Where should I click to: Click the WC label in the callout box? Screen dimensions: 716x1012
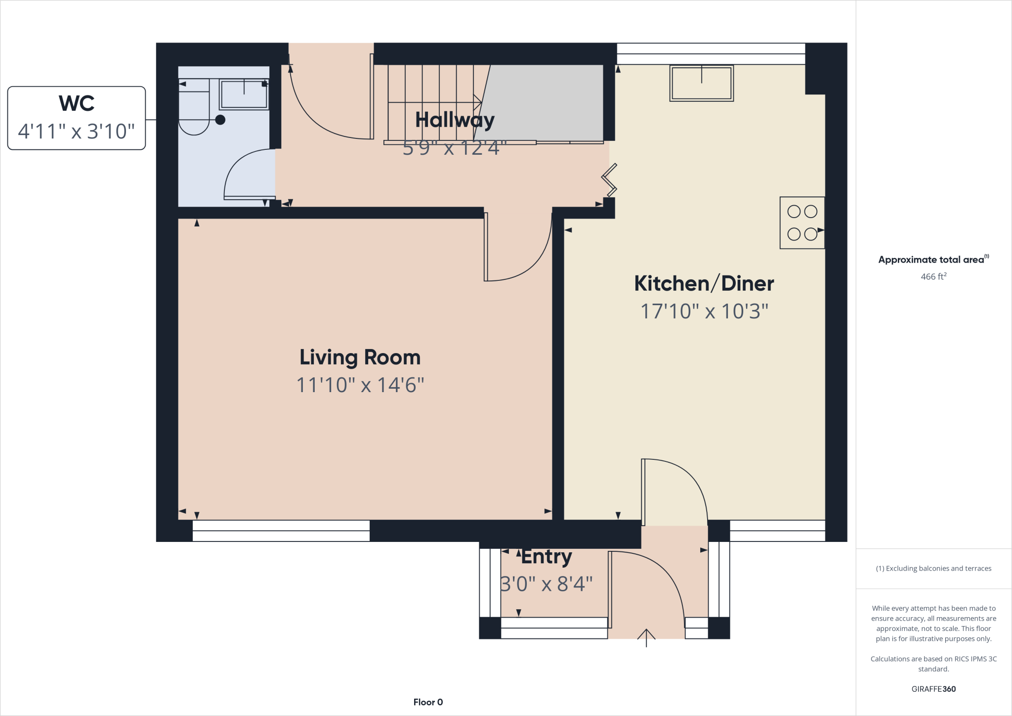77,103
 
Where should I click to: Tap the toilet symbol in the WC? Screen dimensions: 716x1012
194,112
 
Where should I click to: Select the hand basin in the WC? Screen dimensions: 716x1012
244,94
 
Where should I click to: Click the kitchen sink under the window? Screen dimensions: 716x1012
701,83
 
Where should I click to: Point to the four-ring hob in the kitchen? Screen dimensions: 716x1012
802,223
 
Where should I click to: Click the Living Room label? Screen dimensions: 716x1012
360,357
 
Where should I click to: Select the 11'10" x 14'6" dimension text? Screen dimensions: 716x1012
360,385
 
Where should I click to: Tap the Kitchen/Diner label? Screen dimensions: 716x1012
704,283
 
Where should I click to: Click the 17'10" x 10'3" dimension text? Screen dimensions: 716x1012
704,312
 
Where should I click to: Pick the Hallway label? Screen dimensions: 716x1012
455,120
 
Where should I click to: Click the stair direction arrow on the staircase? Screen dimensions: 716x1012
476,102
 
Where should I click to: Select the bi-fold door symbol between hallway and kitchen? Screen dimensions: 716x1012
609,179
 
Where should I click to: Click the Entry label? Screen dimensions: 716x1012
547,557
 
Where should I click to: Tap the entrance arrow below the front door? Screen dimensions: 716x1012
646,637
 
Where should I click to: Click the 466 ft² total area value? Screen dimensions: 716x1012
933,276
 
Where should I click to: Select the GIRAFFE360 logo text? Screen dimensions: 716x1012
933,689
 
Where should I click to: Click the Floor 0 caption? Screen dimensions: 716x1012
428,702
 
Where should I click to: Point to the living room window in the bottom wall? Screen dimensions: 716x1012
281,531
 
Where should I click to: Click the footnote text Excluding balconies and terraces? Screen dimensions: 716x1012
933,569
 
